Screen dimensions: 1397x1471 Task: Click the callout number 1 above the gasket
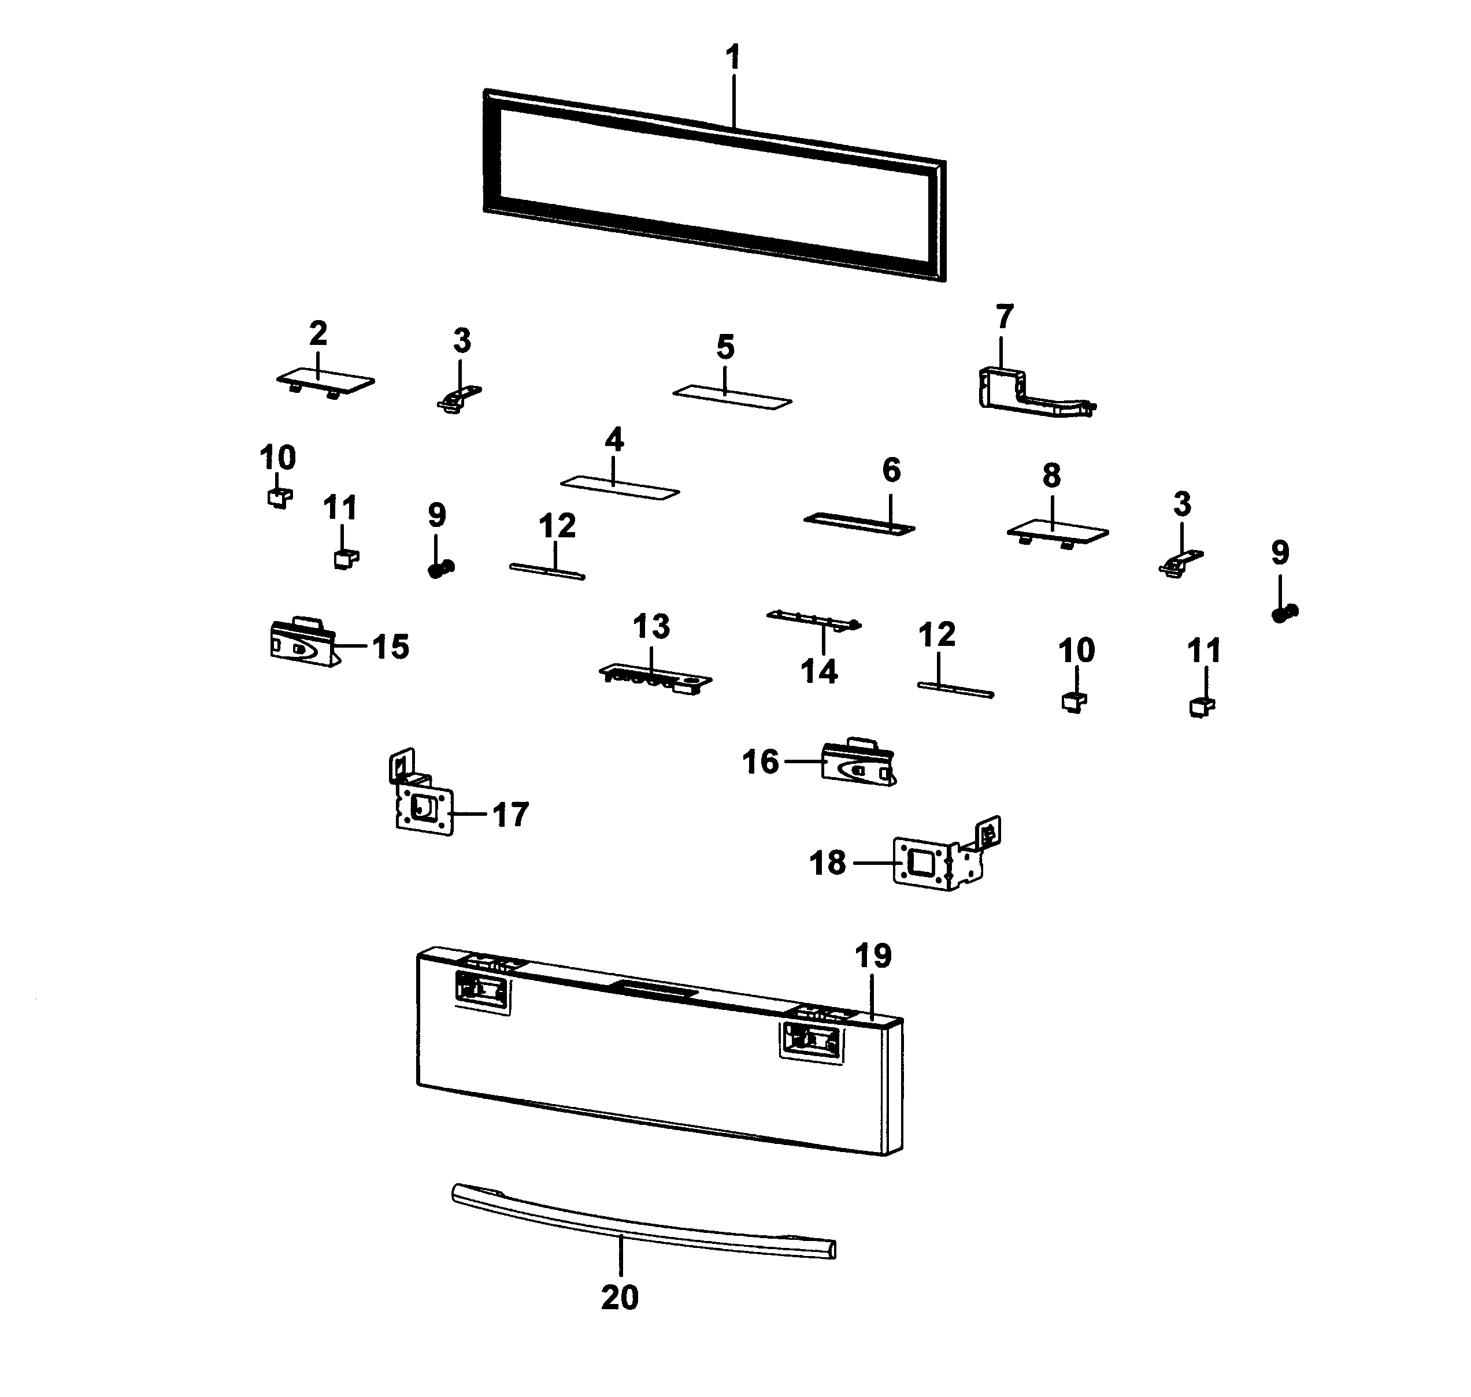pyautogui.click(x=733, y=57)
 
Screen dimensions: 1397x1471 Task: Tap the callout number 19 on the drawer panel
pyautogui.click(x=872, y=956)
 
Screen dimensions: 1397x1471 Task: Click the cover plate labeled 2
pyautogui.click(x=325, y=381)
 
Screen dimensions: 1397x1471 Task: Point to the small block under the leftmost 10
pyautogui.click(x=279, y=497)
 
